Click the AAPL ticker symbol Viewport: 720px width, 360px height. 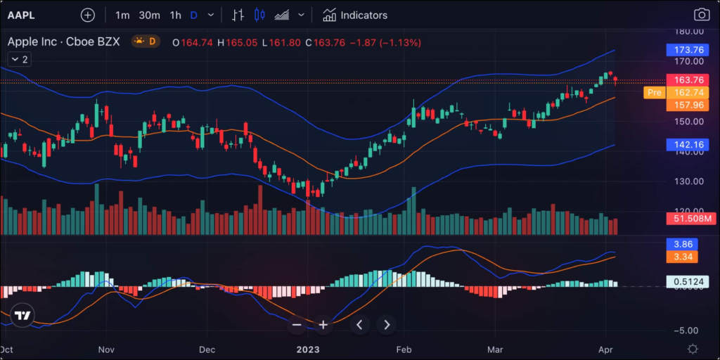[21, 15]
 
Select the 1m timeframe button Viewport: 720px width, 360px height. [122, 15]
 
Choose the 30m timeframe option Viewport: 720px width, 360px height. [149, 15]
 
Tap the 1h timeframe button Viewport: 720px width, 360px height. [175, 15]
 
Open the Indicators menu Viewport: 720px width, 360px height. [355, 15]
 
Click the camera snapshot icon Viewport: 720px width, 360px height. [701, 15]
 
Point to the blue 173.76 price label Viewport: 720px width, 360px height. [688, 50]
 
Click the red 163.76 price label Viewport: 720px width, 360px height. [688, 80]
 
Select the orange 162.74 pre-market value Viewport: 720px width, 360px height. [688, 93]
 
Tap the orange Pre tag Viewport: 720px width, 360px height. [654, 93]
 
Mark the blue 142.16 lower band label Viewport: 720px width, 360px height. [688, 145]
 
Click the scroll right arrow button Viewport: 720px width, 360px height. [387, 324]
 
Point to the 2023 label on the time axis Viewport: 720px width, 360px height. [307, 349]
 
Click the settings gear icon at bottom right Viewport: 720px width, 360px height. [693, 349]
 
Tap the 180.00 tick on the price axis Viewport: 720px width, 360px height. [688, 32]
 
